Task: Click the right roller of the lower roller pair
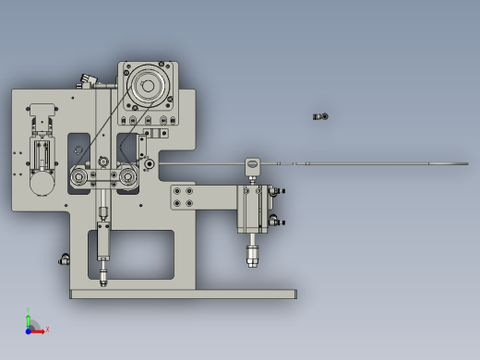click(122, 175)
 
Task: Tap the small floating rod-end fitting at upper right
click(320, 116)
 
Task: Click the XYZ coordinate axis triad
click(31, 326)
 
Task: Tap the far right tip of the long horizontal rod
click(465, 165)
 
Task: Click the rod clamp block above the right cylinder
click(251, 166)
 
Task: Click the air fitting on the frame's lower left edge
click(65, 258)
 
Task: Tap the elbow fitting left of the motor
click(87, 81)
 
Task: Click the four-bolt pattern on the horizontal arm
click(184, 198)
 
